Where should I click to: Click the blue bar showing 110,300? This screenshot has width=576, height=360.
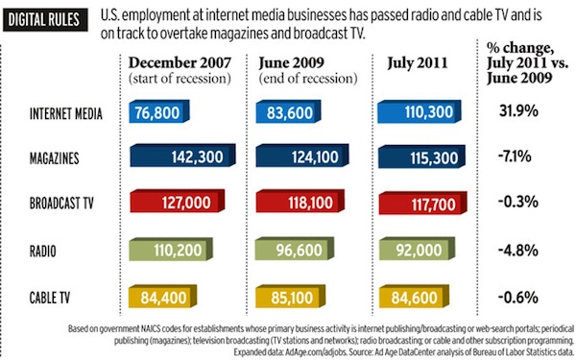pyautogui.click(x=412, y=112)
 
